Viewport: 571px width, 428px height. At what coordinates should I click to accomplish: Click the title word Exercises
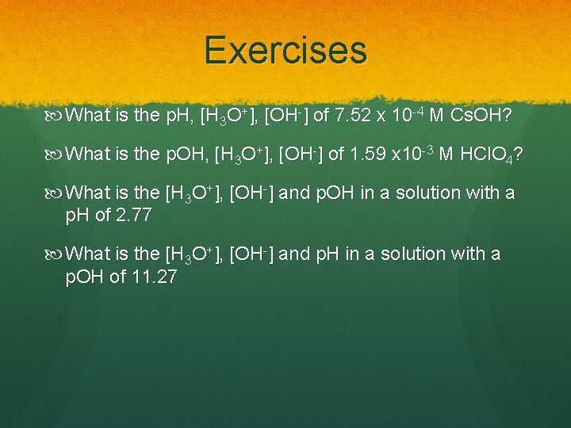click(x=285, y=50)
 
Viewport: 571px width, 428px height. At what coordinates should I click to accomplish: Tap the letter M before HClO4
click(x=446, y=155)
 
